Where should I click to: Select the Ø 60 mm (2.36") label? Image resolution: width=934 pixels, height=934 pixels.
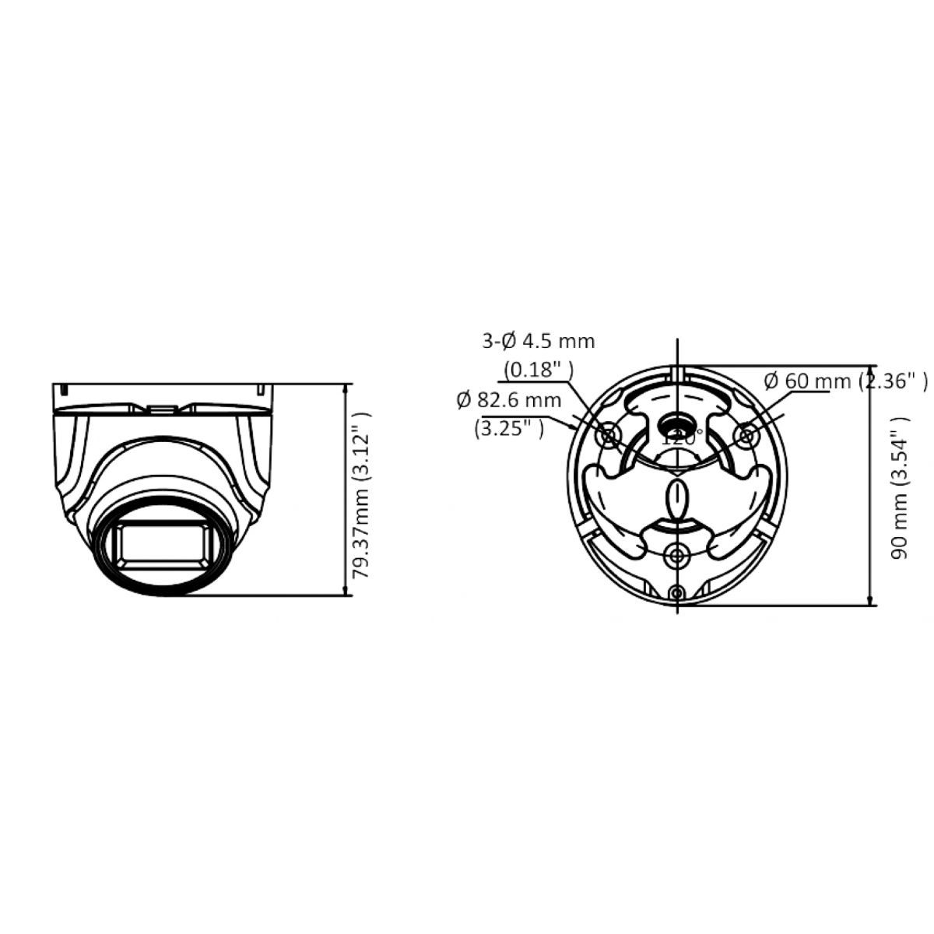click(844, 381)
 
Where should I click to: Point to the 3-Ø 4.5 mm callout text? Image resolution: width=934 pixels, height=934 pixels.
click(538, 340)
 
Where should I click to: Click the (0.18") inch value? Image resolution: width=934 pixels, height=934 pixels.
click(538, 369)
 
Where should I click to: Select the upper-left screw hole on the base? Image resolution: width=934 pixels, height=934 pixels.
click(609, 436)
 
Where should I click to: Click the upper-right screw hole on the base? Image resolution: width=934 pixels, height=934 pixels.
click(746, 436)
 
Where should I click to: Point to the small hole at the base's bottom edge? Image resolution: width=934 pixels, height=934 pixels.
click(677, 594)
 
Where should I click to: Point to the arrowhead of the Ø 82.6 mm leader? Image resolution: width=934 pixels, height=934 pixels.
click(574, 427)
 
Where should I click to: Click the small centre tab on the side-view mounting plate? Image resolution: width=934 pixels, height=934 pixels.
click(161, 406)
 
